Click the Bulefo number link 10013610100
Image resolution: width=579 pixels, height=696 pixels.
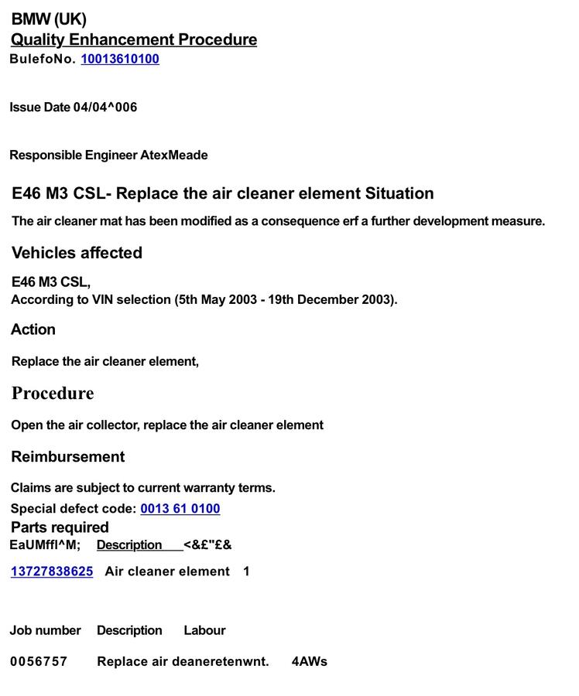[x=120, y=59]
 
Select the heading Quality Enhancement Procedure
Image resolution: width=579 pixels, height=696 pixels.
[x=134, y=39]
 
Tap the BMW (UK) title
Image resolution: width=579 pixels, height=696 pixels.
[x=49, y=19]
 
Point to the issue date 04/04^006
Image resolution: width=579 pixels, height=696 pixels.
[x=105, y=107]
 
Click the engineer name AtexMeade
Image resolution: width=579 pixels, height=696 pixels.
[x=174, y=155]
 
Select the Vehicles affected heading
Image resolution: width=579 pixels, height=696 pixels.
[x=77, y=253]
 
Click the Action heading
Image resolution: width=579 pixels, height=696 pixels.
[x=33, y=329]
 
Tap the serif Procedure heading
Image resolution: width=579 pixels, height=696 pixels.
[x=53, y=394]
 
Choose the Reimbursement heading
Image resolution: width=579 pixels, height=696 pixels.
[x=68, y=457]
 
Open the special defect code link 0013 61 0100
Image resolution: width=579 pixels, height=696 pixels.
[x=180, y=509]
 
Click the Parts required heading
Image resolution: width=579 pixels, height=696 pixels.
[x=60, y=527]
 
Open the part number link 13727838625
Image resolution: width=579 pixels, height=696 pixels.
[x=52, y=571]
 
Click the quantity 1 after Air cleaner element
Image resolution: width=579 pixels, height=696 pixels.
[x=246, y=571]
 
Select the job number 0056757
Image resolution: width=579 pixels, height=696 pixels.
[x=39, y=662]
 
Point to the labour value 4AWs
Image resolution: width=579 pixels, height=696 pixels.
[x=310, y=662]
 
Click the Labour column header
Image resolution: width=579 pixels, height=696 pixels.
[x=204, y=631]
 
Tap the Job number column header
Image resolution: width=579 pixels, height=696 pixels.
[x=45, y=631]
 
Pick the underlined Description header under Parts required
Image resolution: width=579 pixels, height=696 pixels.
[x=129, y=545]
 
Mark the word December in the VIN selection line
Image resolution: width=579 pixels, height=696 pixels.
[x=327, y=300]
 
